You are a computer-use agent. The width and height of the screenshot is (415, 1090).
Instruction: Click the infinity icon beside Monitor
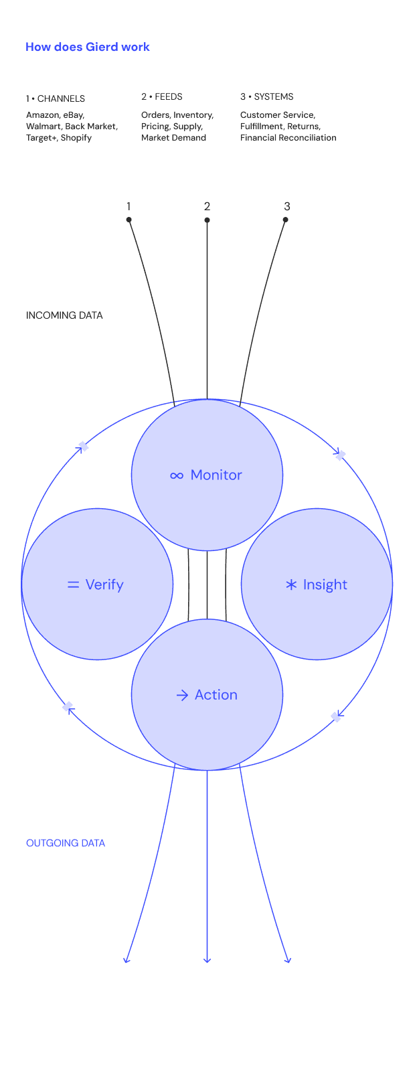(177, 475)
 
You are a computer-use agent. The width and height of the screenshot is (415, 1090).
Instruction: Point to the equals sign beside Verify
(74, 585)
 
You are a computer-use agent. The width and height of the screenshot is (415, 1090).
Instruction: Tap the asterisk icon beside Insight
(291, 585)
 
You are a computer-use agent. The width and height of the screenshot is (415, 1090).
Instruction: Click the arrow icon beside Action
(182, 695)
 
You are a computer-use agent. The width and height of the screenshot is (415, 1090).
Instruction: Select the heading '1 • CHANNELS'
(56, 98)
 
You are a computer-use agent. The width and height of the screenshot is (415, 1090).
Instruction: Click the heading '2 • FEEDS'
(162, 97)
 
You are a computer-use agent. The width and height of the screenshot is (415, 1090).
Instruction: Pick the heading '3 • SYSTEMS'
(267, 97)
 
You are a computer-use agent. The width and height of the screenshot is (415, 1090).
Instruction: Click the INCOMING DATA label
(64, 315)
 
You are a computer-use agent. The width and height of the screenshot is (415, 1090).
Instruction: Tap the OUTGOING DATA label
(66, 843)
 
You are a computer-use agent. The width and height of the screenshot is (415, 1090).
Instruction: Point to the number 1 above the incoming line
(129, 206)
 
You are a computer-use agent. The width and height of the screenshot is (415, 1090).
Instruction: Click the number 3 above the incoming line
(286, 206)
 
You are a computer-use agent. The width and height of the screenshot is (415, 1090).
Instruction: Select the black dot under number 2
(207, 220)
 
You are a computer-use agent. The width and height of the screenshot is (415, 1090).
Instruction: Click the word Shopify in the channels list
(76, 138)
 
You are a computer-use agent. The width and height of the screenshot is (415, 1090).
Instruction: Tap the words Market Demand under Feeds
(173, 138)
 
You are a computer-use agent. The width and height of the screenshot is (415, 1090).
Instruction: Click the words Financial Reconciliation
(288, 138)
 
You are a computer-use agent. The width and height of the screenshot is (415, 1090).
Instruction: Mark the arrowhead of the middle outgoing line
(207, 960)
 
